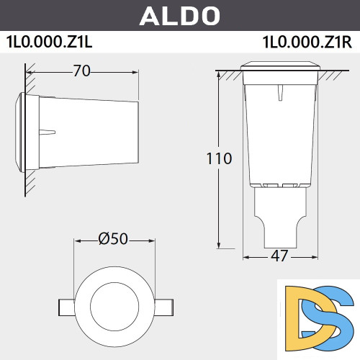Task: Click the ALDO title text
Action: (179, 15)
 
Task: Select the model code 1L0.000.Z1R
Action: (307, 41)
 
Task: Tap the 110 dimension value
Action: (217, 158)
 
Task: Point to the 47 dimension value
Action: (279, 256)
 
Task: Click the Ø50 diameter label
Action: (112, 240)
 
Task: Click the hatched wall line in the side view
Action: (27, 130)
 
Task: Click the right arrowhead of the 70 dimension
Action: (135, 71)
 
